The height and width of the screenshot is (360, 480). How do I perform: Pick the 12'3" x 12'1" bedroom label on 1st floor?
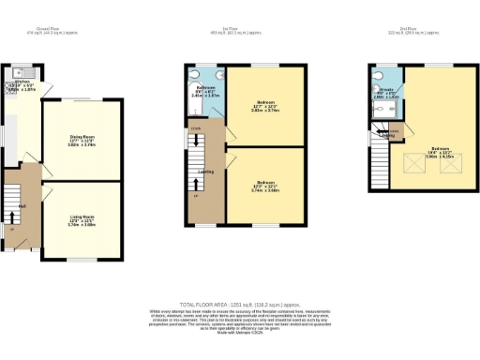pos(265,185)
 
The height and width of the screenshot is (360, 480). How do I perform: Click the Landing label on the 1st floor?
pos(205,171)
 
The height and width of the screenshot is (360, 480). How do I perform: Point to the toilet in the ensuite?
pos(377,106)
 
